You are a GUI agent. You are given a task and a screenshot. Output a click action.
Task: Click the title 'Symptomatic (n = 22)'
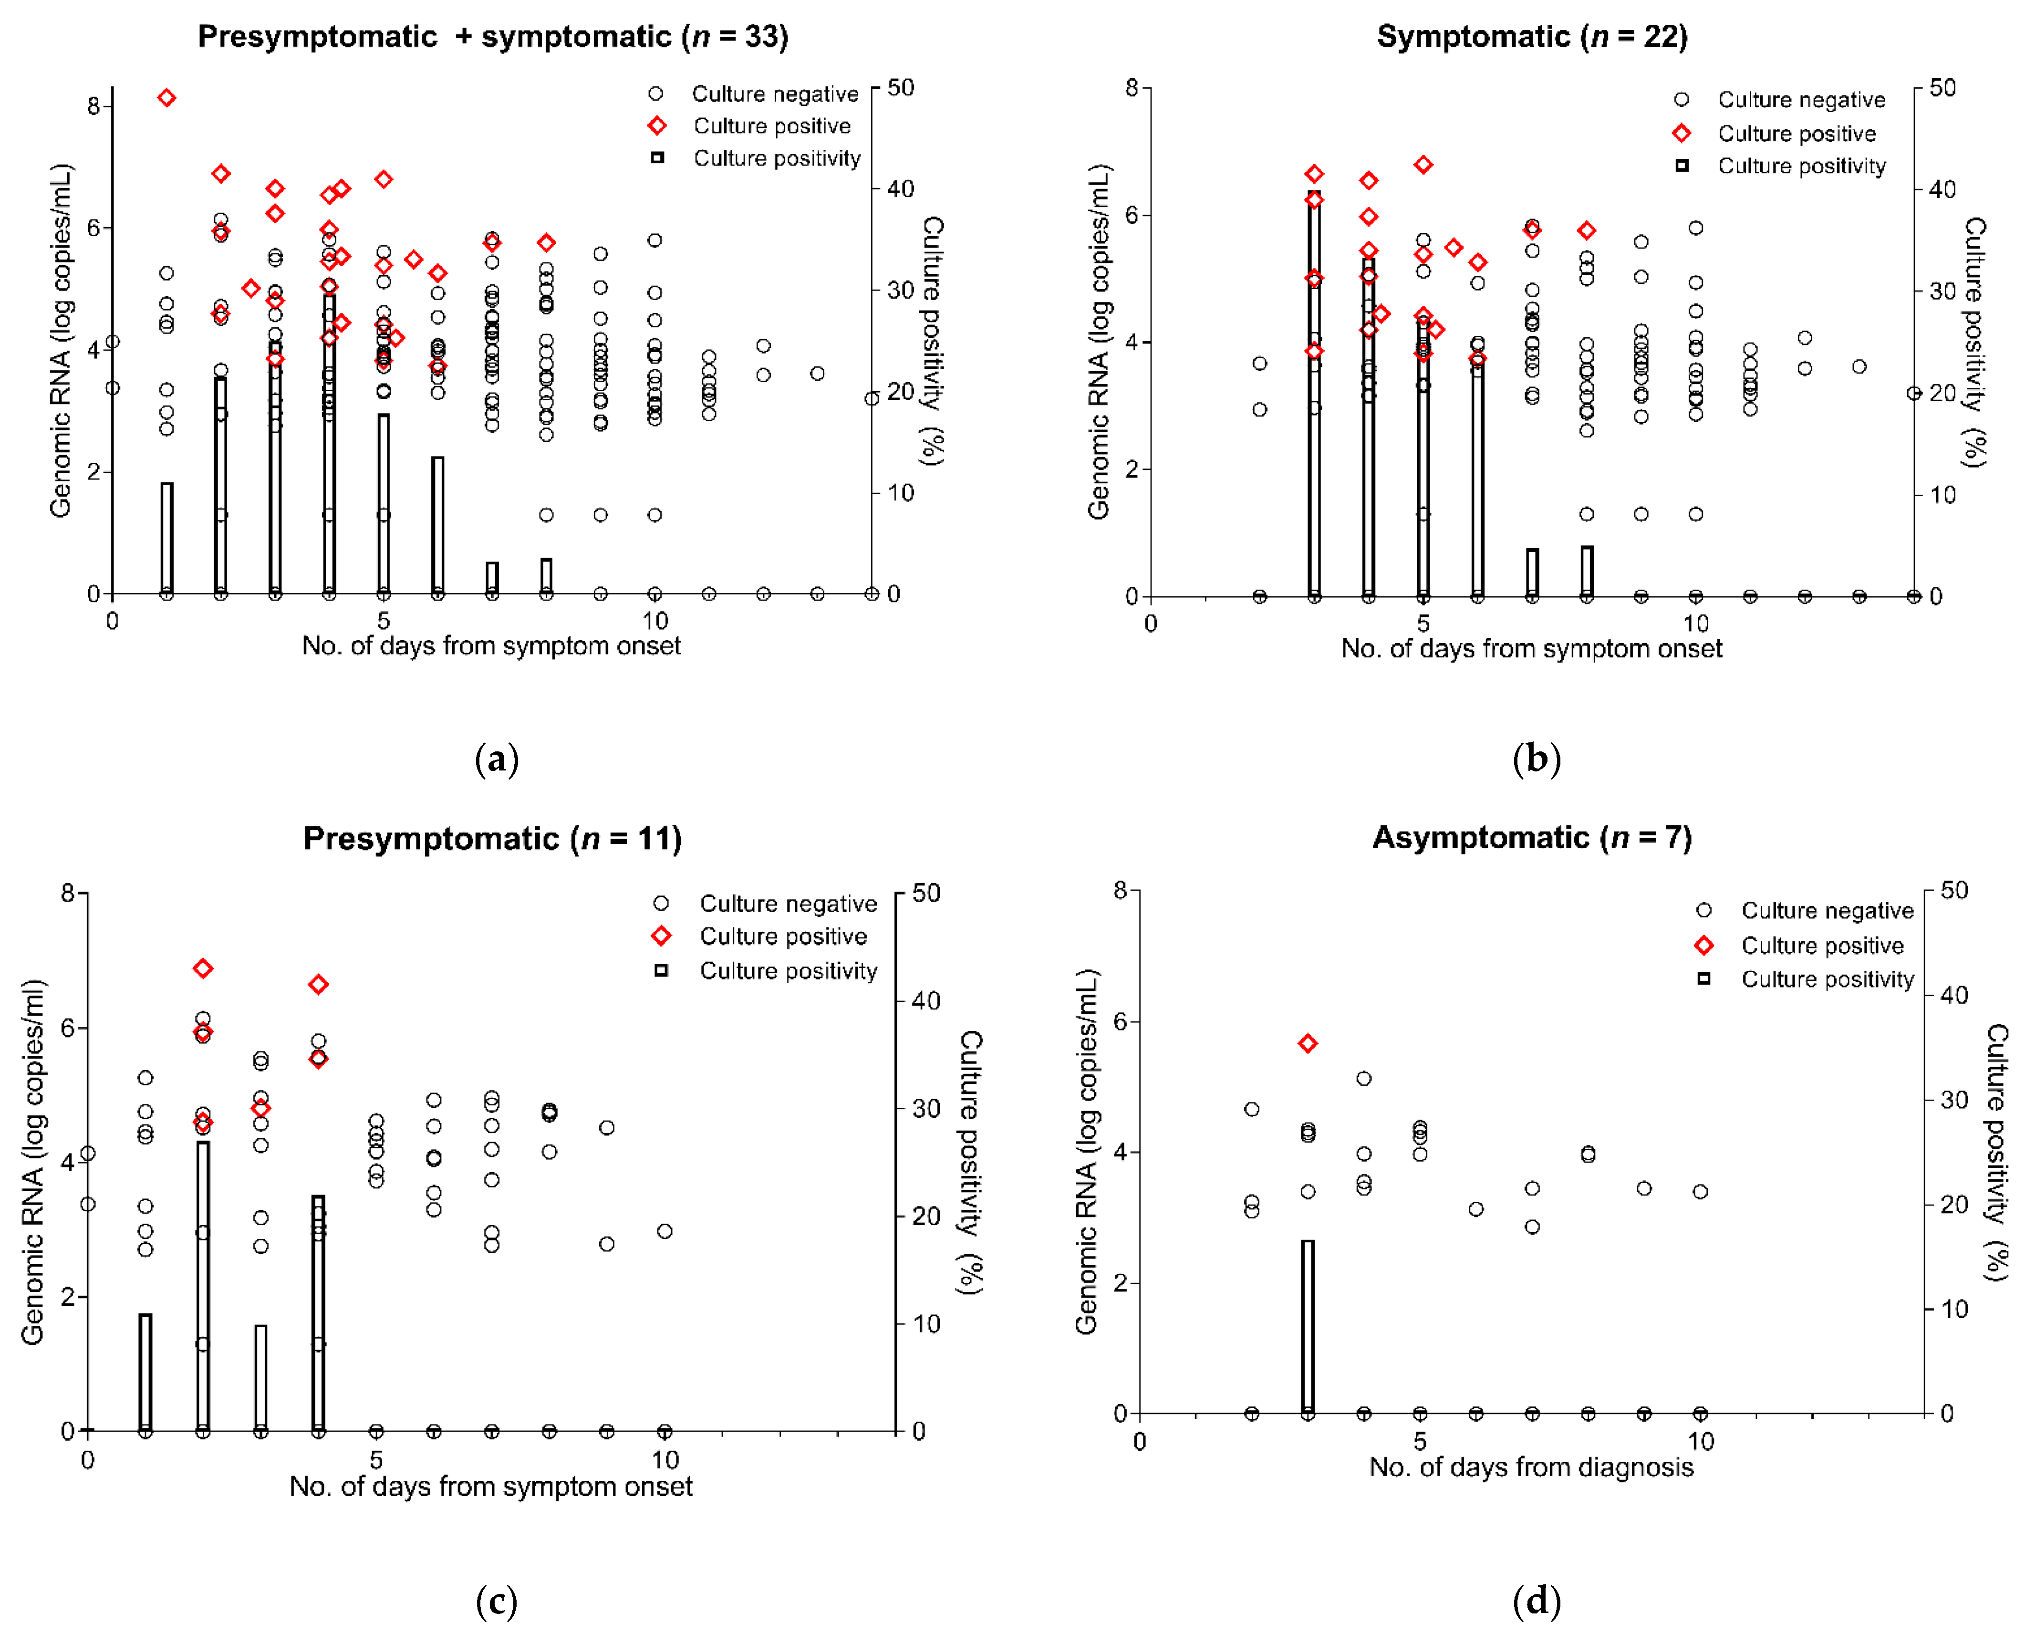1531,36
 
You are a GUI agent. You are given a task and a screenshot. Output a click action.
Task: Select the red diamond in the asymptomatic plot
1308,1043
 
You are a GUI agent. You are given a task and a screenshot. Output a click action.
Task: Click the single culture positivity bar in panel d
1308,1326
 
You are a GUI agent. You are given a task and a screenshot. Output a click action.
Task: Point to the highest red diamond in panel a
166,98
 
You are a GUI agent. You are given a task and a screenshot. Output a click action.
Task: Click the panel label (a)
497,758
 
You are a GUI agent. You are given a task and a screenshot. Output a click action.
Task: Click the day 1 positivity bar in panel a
166,538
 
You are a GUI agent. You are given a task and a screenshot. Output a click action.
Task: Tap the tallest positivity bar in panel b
1314,393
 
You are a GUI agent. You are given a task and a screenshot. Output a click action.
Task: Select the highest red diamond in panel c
202,968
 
